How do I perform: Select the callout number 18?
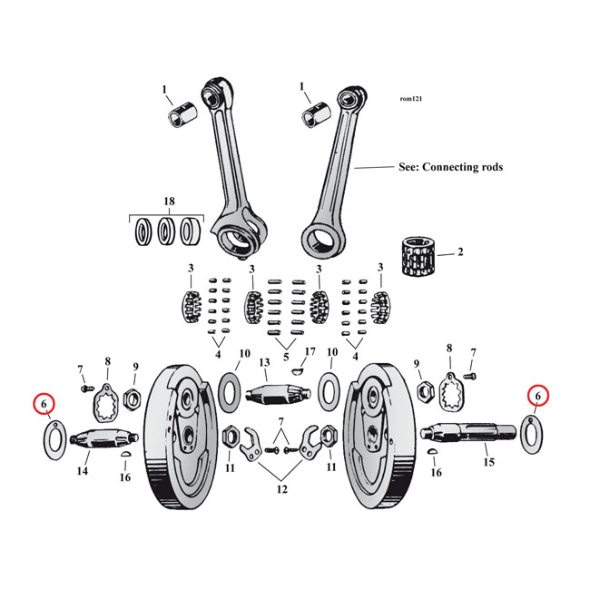(169, 200)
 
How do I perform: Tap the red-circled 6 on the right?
(537, 396)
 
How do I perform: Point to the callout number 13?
(265, 363)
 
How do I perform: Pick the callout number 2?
(460, 251)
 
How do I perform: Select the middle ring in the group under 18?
(168, 231)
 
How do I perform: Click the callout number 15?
(491, 462)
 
